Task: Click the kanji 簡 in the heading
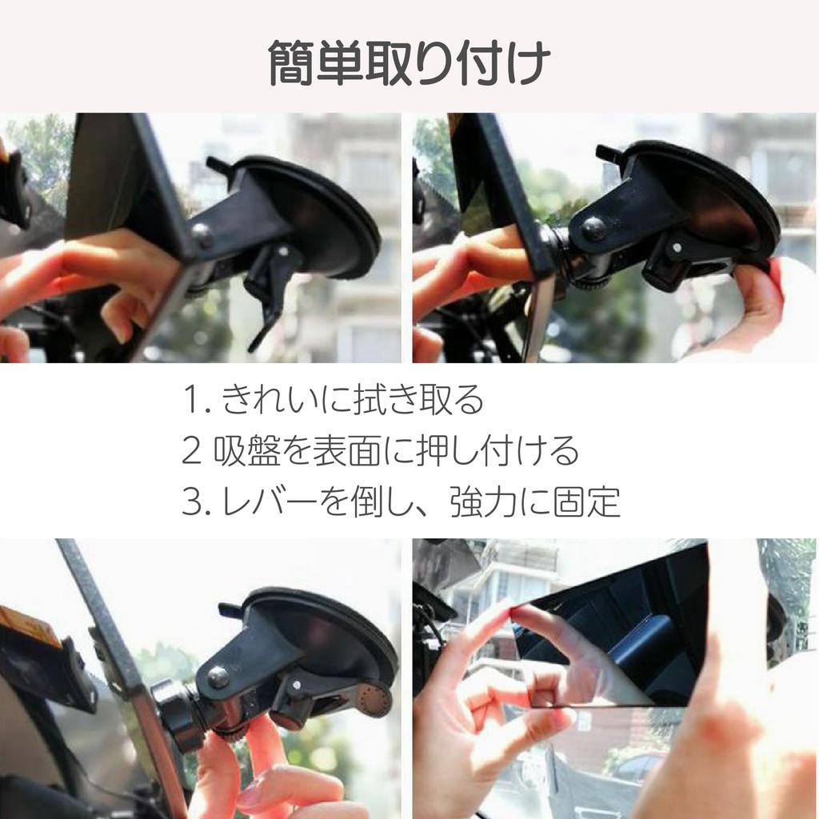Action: click(x=291, y=64)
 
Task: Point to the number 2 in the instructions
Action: click(x=191, y=451)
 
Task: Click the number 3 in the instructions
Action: click(x=192, y=501)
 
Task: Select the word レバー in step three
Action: click(x=269, y=501)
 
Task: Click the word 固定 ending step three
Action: click(x=586, y=501)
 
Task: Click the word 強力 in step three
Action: click(x=483, y=501)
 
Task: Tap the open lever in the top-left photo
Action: click(x=272, y=294)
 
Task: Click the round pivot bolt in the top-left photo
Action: click(x=203, y=235)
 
